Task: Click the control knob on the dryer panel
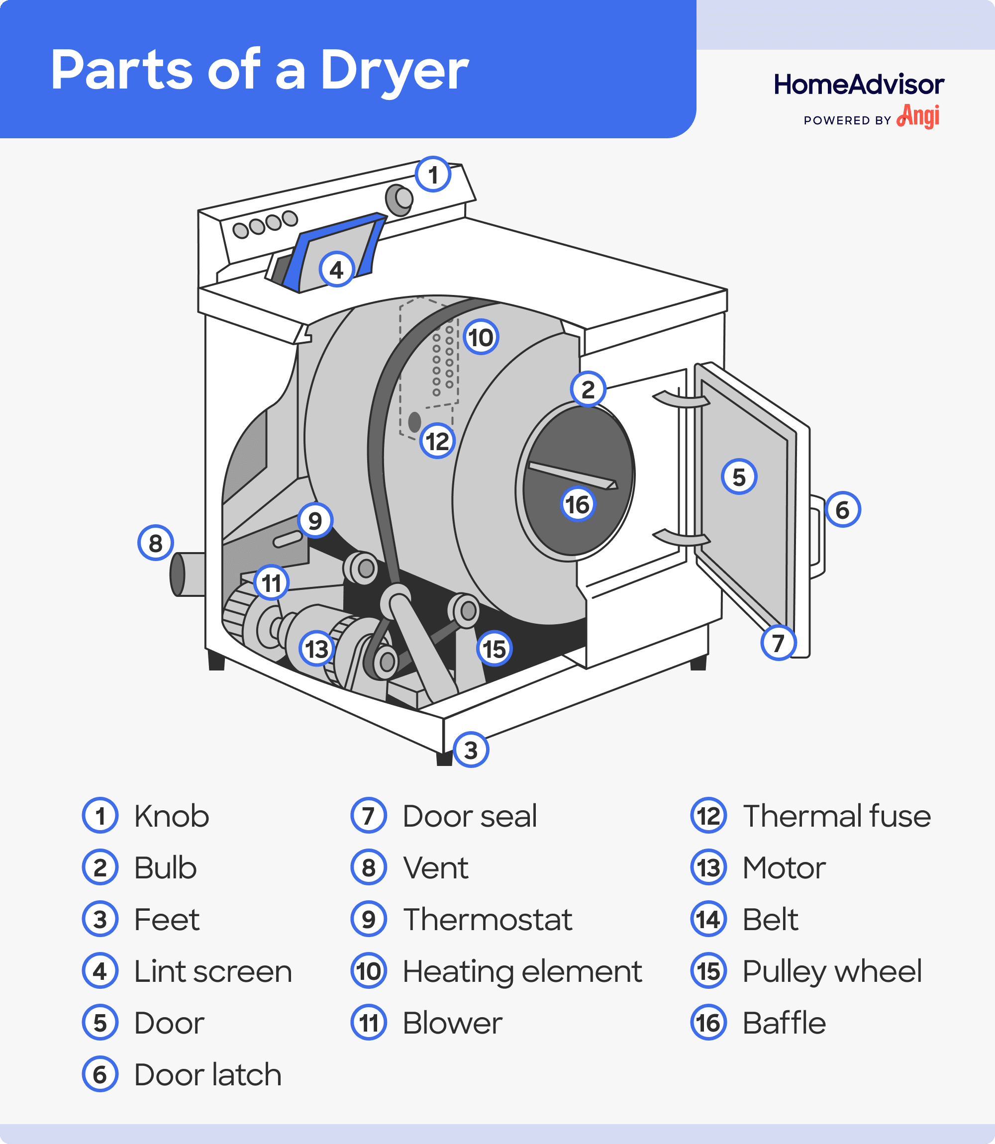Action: [399, 199]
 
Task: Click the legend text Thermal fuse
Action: [836, 816]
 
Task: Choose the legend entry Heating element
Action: [522, 971]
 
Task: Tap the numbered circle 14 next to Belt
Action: [708, 920]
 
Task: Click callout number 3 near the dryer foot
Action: [471, 750]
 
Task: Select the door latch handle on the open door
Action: [817, 536]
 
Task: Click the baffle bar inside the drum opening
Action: [572, 475]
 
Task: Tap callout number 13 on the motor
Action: [317, 648]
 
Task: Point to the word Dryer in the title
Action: [394, 71]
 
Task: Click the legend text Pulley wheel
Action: [832, 971]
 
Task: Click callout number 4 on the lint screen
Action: [336, 270]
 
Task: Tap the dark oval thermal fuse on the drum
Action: [414, 422]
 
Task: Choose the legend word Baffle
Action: [784, 1023]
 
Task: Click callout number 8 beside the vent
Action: [155, 543]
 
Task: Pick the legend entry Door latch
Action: [207, 1075]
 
